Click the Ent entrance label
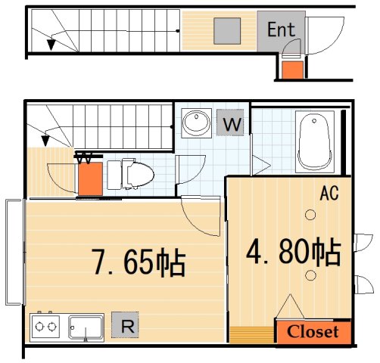pos(282,29)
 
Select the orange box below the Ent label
pos(291,70)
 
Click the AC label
pos(328,194)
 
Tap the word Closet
pos(313,332)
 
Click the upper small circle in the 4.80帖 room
pos(310,216)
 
